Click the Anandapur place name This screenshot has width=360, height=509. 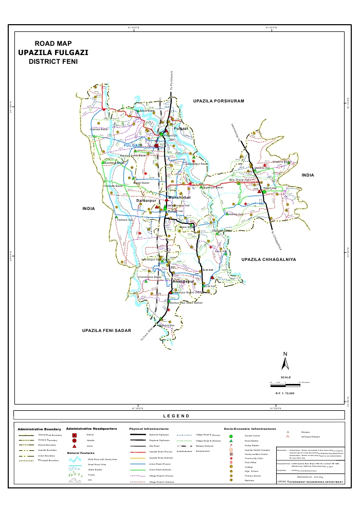185,282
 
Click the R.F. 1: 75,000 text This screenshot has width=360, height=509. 284,393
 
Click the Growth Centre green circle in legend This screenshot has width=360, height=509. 231,436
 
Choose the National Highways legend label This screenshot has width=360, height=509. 159,435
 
